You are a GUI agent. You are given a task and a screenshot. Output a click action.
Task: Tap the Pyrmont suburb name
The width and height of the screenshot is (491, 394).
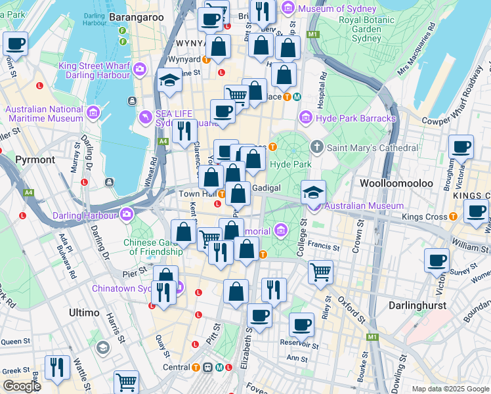(x=35, y=160)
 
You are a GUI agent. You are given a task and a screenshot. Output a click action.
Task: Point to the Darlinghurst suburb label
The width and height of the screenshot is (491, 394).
(x=417, y=305)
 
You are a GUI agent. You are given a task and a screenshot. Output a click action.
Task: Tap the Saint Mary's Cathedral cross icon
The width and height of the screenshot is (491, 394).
(x=317, y=147)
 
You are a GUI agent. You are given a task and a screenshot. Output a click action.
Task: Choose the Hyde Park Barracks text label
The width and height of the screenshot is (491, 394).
(x=356, y=118)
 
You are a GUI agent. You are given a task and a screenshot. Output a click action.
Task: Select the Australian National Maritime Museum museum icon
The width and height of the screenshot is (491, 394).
(x=93, y=113)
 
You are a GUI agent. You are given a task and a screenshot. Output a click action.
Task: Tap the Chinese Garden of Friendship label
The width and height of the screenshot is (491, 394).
(x=156, y=246)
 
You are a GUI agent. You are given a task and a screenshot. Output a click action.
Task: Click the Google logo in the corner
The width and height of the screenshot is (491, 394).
(x=22, y=386)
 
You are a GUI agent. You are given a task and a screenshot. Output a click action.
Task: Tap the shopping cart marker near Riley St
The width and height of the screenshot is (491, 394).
(x=320, y=271)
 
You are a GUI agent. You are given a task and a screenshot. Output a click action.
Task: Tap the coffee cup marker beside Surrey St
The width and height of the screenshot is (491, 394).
(x=437, y=259)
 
